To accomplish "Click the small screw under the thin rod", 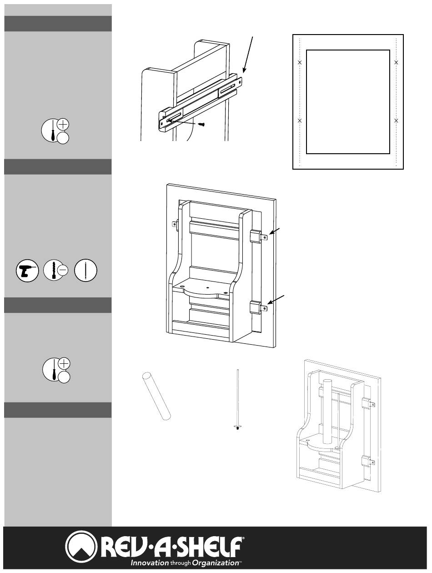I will [238, 427].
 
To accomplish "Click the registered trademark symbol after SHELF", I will [243, 538].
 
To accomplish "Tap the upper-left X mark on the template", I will [300, 62].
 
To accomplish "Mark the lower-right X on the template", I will [397, 121].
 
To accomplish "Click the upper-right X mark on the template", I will [397, 62].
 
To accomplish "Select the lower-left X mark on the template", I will [300, 121].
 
